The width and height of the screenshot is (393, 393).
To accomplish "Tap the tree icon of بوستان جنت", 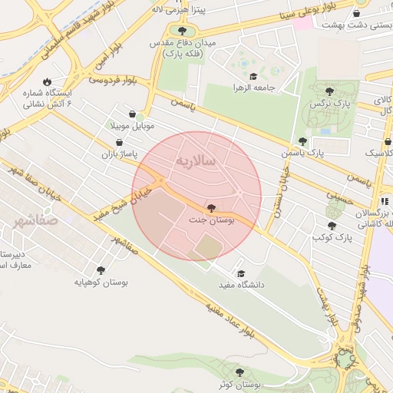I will [x=211, y=208].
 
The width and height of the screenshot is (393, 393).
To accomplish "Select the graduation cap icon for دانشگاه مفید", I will [x=240, y=273].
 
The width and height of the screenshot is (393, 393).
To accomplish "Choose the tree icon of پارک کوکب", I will [x=332, y=226].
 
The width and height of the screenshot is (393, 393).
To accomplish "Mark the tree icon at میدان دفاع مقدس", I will [x=181, y=31].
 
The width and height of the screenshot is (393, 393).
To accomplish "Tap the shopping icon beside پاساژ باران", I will [x=119, y=142].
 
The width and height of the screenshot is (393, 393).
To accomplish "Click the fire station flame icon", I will [x=48, y=81].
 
